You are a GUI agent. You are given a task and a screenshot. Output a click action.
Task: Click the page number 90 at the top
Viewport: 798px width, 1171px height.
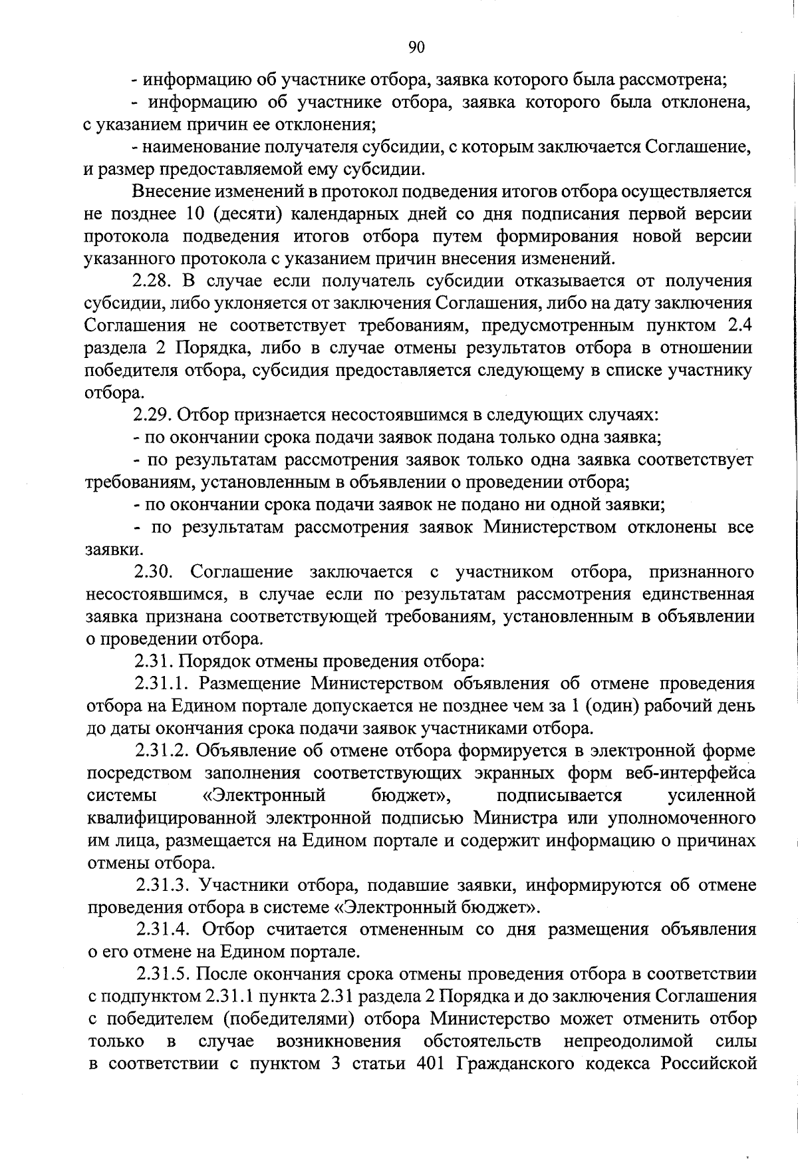(416, 47)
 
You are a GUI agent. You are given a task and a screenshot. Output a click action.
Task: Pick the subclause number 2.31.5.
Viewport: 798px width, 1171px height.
(164, 974)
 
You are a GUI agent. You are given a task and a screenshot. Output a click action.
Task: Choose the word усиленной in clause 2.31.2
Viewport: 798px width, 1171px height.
(710, 796)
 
